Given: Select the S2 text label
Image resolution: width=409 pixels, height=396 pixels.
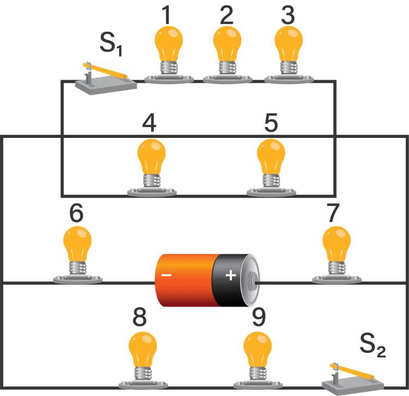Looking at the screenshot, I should tap(373, 345).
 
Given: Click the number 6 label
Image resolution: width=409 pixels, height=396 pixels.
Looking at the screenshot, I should tap(76, 213).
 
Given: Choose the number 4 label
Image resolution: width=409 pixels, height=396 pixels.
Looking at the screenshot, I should tap(149, 124).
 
